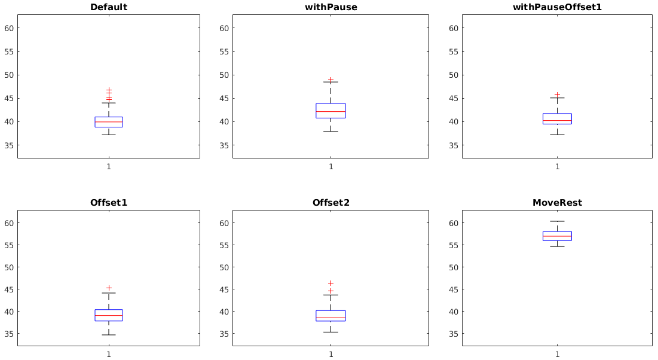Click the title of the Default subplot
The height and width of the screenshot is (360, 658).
(108, 7)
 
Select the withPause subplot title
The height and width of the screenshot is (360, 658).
(330, 7)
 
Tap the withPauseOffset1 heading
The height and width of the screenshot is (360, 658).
(557, 7)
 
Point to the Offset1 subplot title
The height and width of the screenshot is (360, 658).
(108, 203)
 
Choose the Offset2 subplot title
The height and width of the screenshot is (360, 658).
(330, 203)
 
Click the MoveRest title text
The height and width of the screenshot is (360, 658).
(557, 203)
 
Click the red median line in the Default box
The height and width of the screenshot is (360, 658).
(108, 122)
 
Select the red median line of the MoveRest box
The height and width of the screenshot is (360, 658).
(557, 236)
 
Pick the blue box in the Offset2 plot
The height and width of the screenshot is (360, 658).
(330, 315)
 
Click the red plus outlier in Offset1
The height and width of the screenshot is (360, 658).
(109, 288)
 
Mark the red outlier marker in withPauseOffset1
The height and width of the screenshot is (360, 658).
(557, 94)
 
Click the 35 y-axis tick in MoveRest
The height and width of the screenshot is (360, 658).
(454, 334)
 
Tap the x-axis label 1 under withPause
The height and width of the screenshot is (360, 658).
(330, 166)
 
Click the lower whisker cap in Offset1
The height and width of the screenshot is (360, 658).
(108, 334)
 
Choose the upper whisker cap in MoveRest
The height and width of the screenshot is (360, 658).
(557, 221)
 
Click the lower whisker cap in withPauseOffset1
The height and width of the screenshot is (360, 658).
(557, 135)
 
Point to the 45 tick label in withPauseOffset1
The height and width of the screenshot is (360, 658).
(454, 99)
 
